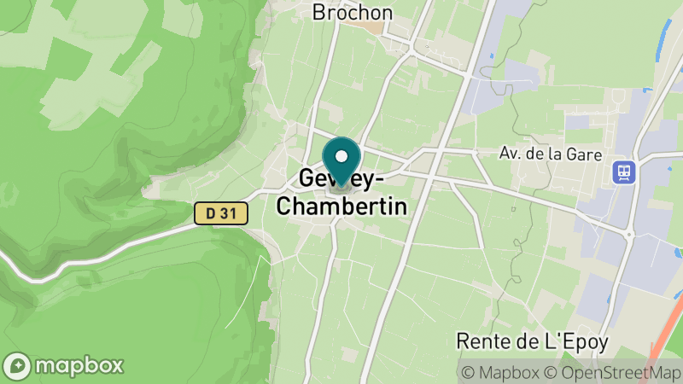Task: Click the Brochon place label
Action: tap(353, 13)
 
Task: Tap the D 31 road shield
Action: tap(220, 213)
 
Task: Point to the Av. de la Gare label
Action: tap(551, 154)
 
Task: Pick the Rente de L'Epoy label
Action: tap(533, 342)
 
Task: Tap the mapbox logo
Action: tap(64, 365)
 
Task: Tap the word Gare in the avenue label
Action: tap(585, 154)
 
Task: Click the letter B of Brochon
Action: tap(319, 13)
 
